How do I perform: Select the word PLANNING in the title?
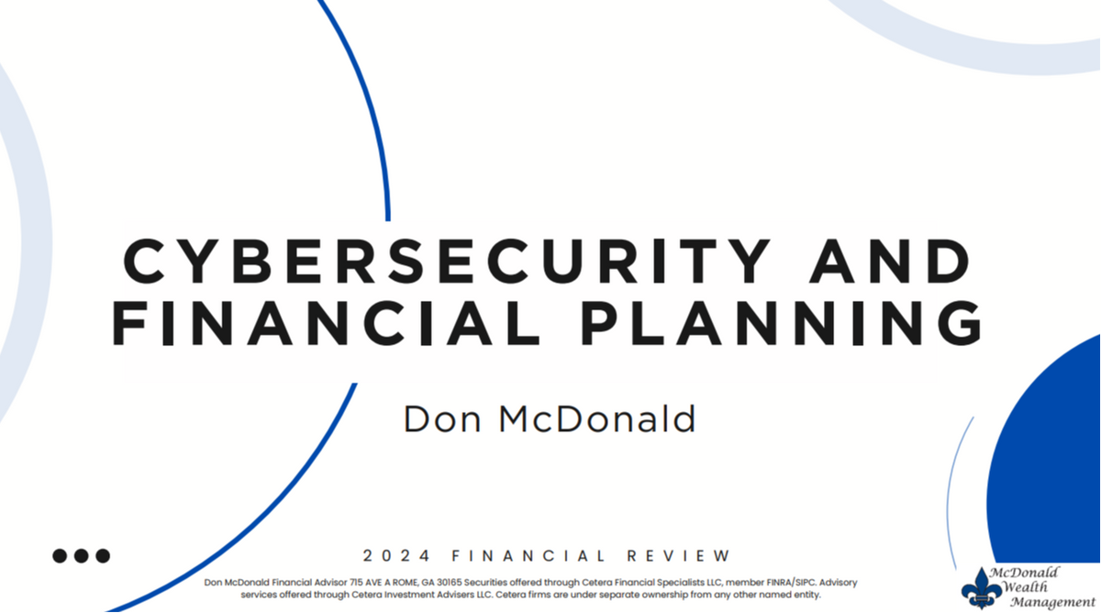781,322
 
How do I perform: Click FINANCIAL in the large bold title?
327,322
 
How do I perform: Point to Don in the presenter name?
441,419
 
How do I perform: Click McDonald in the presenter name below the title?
597,418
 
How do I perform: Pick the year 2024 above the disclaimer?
396,556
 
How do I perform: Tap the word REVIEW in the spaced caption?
679,556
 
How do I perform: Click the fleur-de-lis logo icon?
982,588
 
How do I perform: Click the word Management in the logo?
1052,602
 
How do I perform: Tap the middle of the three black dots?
81,556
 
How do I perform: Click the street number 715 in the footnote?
356,583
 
